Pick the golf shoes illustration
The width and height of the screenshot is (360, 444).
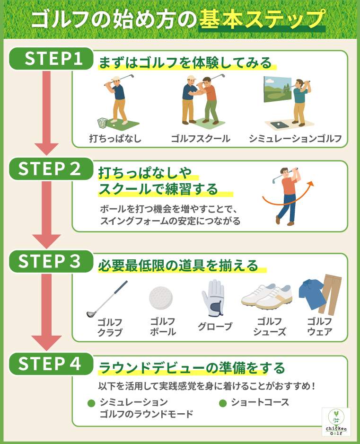[267, 296]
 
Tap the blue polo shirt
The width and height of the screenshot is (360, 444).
[312, 293]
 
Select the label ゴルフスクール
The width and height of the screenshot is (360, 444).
[201, 139]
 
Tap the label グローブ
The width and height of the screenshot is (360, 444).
[215, 327]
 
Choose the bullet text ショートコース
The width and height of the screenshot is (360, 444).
[260, 402]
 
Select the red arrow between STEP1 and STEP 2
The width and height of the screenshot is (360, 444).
[46, 114]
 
